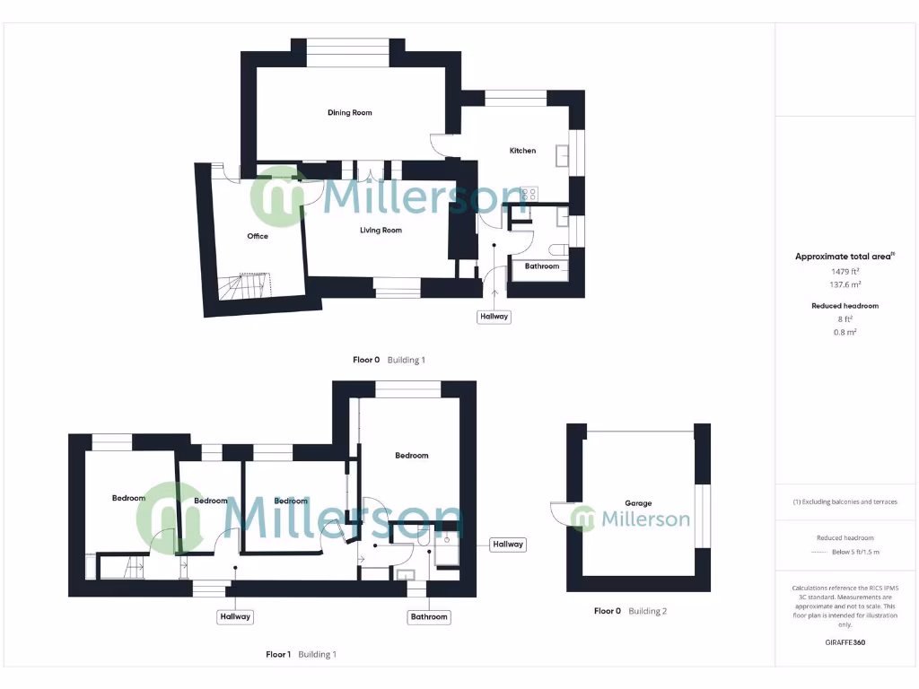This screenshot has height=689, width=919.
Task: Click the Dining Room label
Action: [349, 113]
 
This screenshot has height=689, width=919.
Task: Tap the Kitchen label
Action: [522, 151]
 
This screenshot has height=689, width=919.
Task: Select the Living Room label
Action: [381, 231]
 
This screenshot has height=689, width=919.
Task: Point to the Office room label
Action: [258, 237]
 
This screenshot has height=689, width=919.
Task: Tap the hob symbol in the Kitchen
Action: [530, 194]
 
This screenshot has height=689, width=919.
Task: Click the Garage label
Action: [638, 503]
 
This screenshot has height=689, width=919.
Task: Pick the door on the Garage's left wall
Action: [560, 513]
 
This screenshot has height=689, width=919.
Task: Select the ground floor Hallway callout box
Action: [494, 317]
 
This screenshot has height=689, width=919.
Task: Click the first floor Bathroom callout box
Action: [429, 617]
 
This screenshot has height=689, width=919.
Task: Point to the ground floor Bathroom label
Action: [542, 266]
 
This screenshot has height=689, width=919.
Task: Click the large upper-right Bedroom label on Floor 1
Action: [412, 456]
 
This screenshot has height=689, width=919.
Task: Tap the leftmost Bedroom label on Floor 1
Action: [128, 499]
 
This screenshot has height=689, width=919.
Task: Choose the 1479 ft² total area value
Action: [845, 271]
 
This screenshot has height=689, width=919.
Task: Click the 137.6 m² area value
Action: [845, 283]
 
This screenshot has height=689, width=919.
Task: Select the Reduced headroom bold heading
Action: [845, 306]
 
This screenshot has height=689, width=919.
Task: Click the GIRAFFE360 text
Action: [845, 642]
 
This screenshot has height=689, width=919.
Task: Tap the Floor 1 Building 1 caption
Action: [301, 655]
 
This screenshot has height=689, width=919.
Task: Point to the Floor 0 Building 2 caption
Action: [630, 611]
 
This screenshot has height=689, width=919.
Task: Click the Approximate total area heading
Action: [845, 257]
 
